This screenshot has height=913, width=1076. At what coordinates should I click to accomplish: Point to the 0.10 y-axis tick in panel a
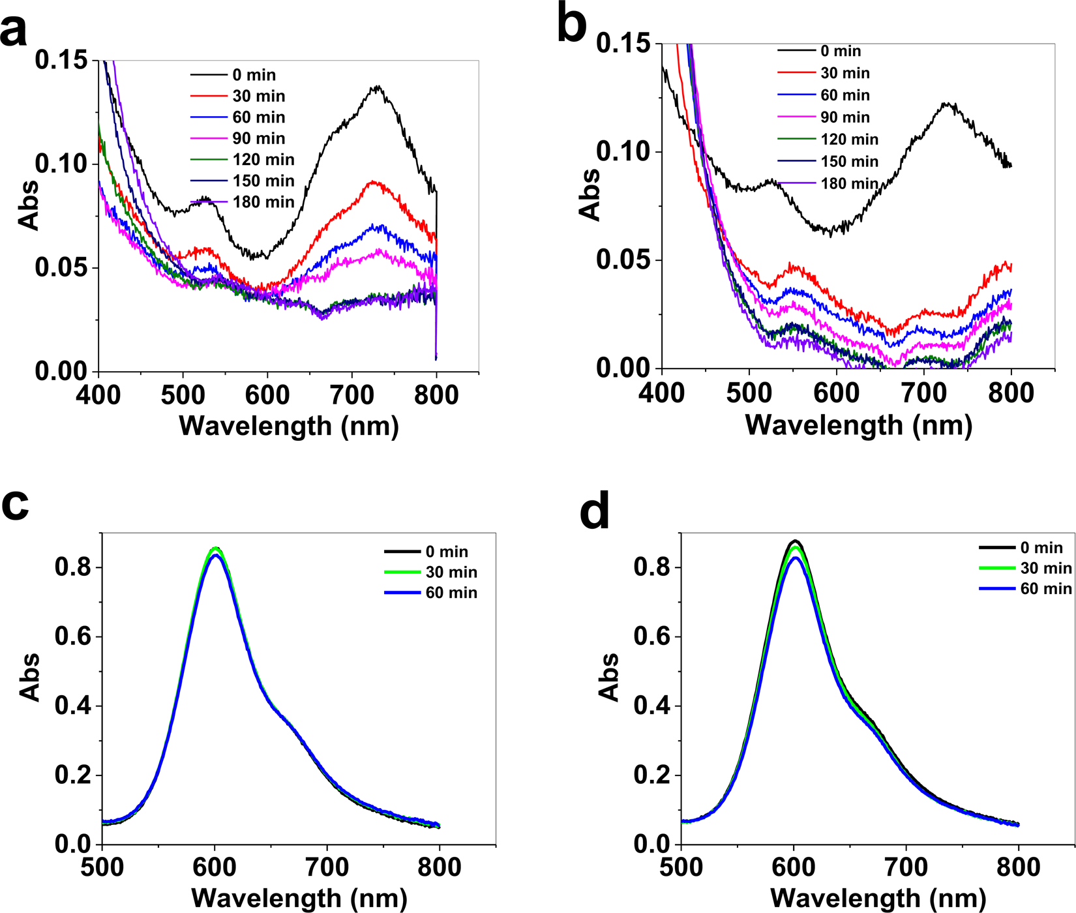click(61, 164)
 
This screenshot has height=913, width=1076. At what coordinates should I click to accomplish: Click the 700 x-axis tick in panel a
click(351, 395)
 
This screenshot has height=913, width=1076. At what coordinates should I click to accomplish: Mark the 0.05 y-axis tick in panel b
click(623, 260)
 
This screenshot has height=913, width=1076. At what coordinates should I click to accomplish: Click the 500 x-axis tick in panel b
click(749, 393)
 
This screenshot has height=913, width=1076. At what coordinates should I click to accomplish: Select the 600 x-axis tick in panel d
click(794, 867)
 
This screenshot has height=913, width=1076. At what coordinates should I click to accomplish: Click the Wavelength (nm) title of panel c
click(299, 898)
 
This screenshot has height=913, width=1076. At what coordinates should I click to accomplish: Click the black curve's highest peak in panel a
click(377, 87)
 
